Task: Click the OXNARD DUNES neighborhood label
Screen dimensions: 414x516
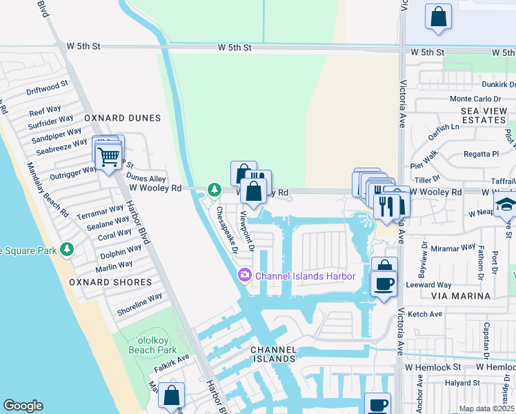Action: pos(122,118)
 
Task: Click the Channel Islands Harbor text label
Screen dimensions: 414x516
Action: pos(305,276)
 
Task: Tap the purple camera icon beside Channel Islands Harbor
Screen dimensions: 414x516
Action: pos(244,276)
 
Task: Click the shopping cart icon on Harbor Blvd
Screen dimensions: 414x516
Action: pos(108,157)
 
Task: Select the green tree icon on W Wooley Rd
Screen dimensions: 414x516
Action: pos(215,189)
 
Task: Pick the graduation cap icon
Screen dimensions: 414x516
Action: pos(506,204)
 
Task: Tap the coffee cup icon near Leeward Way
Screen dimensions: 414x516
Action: pos(384,282)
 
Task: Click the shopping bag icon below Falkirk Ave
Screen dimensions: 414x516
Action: pos(171,396)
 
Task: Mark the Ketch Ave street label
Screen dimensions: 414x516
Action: pos(425,314)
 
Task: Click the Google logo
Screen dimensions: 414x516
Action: pos(23,406)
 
